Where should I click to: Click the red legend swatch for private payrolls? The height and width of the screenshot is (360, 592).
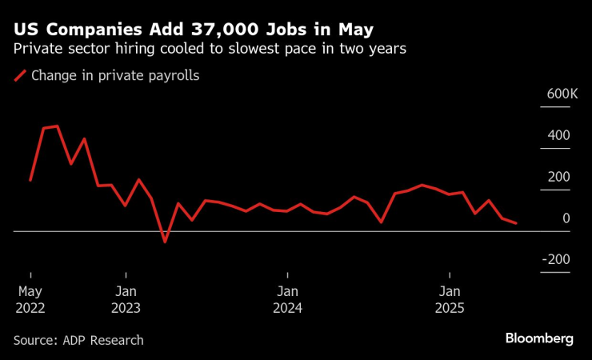tap(19, 77)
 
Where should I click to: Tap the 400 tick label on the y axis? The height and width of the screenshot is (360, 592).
tap(558, 135)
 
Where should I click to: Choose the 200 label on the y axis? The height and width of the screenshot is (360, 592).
tap(558, 177)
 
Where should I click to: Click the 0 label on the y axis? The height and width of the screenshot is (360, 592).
tap(566, 218)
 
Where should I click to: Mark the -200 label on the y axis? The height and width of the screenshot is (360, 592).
tap(555, 260)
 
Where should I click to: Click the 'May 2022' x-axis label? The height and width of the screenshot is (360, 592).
tap(30, 300)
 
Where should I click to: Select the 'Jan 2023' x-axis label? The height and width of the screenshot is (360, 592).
tap(126, 300)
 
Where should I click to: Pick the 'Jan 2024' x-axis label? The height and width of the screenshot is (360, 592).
tap(287, 300)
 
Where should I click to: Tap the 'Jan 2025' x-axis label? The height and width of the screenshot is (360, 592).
tap(450, 300)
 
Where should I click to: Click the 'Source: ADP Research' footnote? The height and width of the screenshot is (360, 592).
tap(78, 340)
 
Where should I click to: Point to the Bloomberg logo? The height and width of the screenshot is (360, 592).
tap(539, 338)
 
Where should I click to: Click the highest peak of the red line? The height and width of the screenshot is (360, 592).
tap(57, 126)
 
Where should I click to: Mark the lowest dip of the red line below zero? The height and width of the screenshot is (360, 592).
tap(165, 242)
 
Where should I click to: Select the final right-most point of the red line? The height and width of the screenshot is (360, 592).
tap(516, 223)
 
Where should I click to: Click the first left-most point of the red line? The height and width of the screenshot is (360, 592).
tap(30, 181)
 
